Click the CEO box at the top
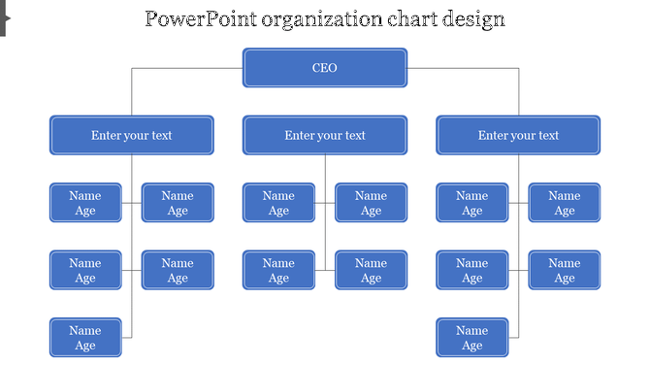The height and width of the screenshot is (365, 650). point(325,68)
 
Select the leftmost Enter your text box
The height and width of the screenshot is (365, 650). point(132,136)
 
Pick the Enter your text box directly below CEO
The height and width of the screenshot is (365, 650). point(325,136)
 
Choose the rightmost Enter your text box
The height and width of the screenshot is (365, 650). point(518,136)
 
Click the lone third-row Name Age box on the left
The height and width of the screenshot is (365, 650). point(85,338)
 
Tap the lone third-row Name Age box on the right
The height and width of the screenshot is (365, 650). point(471,338)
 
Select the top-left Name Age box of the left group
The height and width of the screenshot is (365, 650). point(85,203)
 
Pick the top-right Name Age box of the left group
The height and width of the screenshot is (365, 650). point(178,203)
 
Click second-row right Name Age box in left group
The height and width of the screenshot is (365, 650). point(178,270)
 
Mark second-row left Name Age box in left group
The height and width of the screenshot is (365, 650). point(85,270)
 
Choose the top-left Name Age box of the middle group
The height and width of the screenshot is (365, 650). point(278,203)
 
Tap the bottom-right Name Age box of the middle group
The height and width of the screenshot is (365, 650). point(371,270)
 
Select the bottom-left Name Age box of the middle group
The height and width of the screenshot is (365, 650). point(278,270)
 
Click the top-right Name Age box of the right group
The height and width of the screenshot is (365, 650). point(564,203)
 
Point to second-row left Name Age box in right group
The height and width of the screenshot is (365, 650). point(471,270)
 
